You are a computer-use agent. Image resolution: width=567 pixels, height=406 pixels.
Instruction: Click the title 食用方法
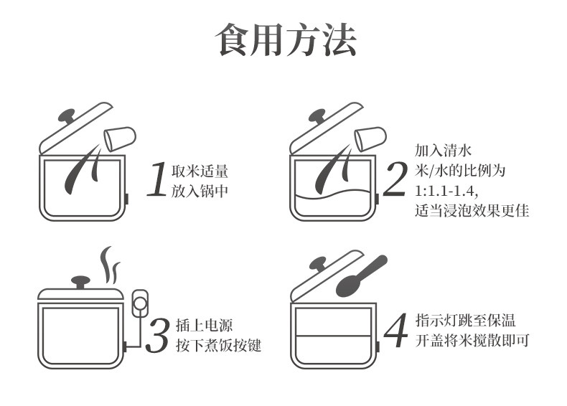click(x=286, y=39)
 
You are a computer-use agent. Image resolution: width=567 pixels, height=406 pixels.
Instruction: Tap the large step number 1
click(x=158, y=179)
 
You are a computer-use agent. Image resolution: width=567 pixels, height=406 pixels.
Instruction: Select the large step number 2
click(x=395, y=179)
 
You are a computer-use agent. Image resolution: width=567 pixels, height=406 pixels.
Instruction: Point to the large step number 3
click(x=157, y=335)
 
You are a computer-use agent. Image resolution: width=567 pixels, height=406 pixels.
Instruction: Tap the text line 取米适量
click(x=200, y=171)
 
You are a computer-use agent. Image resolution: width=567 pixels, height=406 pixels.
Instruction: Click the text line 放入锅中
click(x=200, y=191)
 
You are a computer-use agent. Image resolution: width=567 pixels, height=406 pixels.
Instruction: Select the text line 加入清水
click(x=444, y=150)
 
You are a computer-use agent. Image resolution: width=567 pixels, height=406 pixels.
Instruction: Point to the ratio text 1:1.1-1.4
click(x=446, y=190)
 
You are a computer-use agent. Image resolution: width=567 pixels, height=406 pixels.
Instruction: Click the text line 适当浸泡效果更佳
click(x=472, y=210)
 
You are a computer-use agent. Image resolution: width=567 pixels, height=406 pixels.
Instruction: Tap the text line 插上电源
click(x=205, y=326)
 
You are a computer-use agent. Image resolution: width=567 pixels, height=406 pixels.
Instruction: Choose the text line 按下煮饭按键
click(x=218, y=345)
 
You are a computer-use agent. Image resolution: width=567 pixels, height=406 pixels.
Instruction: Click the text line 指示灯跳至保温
click(x=465, y=321)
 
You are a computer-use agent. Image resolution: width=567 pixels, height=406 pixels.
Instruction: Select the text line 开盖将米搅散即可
click(x=472, y=340)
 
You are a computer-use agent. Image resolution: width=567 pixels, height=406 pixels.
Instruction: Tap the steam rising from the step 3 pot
click(x=110, y=265)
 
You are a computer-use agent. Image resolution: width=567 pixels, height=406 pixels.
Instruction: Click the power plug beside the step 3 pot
click(x=139, y=303)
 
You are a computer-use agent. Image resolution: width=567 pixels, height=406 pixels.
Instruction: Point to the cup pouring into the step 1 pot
click(x=120, y=139)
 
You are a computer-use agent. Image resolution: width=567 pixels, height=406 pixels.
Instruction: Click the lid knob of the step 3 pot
click(x=80, y=282)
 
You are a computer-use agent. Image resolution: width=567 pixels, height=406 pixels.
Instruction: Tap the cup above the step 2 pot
click(x=370, y=139)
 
